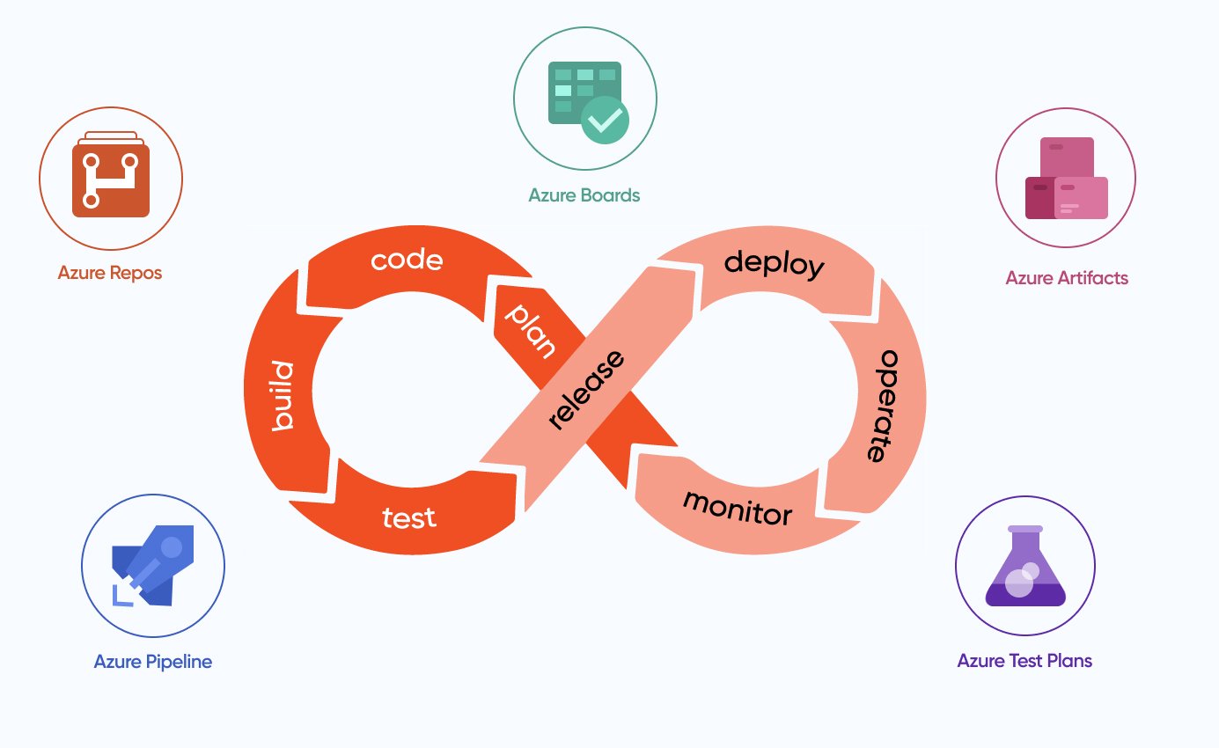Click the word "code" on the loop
406,260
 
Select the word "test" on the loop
409,517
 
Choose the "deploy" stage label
774,263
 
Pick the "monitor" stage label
738,507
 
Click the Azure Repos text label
110,273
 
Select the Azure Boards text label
584,195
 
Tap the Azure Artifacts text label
1067,278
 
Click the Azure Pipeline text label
153,662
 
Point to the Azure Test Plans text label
1024,661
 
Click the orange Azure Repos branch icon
111,180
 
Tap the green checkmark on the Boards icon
606,121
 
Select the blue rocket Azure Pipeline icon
154,568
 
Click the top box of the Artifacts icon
1067,155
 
